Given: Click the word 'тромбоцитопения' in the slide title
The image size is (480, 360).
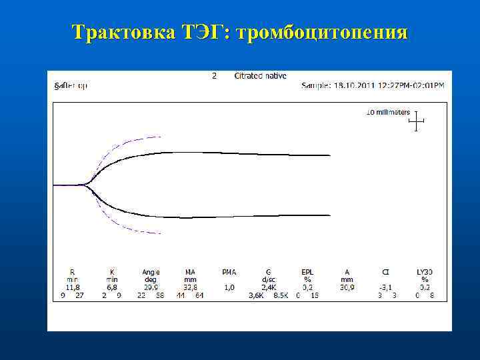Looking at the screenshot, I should point(327,33).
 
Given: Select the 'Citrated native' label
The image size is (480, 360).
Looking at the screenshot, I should point(260,76).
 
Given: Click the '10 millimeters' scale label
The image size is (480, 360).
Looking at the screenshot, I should point(388,112).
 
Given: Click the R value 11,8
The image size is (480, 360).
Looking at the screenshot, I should point(73,287).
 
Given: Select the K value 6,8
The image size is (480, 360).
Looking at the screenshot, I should point(112,287).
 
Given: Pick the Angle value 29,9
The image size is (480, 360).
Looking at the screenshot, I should point(151,287).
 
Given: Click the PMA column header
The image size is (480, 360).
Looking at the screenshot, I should point(229,272).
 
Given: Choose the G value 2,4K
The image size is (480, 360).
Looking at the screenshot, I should point(268,287).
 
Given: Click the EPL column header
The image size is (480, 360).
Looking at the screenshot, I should point(307,272).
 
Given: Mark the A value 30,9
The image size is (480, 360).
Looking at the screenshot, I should point(347,287).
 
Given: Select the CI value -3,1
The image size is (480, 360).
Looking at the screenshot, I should point(385,287).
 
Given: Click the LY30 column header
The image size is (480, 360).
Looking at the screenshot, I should point(425,272).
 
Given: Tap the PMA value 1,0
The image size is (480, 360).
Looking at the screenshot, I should point(229,287).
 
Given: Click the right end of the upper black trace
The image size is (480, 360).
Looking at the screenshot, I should point(329,155).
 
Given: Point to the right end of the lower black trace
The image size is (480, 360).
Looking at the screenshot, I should point(329,215).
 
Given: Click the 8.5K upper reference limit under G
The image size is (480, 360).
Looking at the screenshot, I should point(280,295).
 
